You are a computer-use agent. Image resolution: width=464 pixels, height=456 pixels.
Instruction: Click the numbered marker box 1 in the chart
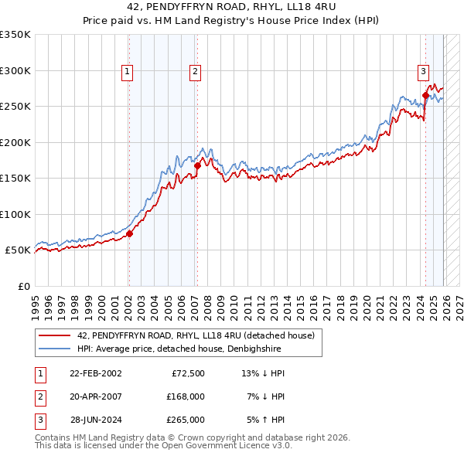(x=127, y=72)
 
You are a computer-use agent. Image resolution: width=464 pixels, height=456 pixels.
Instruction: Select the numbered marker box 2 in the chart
(x=195, y=72)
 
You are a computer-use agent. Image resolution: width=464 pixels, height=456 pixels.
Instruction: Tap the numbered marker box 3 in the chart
(x=424, y=72)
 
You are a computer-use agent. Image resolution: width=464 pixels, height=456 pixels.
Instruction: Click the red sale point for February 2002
(x=129, y=234)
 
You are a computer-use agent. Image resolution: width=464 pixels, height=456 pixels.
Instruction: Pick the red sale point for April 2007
(x=197, y=165)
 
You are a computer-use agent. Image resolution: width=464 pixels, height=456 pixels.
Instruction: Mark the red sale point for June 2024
(x=425, y=96)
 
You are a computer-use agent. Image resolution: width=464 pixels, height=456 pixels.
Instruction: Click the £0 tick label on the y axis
(x=23, y=286)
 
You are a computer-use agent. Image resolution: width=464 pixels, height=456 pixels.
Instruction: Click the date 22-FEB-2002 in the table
(x=95, y=373)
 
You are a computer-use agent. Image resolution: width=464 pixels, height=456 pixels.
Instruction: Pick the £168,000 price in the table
(x=185, y=396)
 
